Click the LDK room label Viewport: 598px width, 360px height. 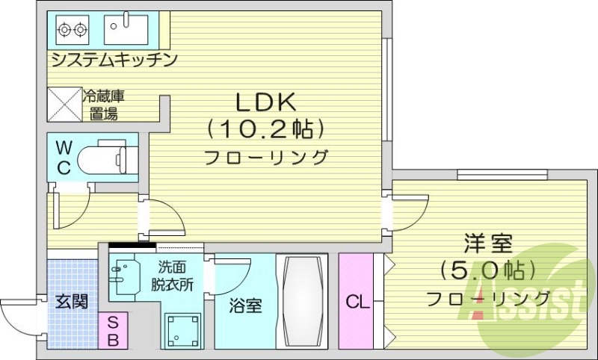pos(267,102)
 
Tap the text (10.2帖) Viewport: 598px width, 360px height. pos(267,130)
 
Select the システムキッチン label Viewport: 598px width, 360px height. pos(114,59)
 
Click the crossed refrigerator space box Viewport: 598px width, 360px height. pos(64,104)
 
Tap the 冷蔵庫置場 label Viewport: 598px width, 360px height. pos(102,105)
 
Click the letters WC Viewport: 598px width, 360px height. pos(64,157)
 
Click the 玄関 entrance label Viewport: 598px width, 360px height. pos(72,302)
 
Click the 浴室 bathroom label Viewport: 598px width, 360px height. pos(245,305)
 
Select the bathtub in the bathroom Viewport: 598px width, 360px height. pos(302,300)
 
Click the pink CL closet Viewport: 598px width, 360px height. pos(357,302)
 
